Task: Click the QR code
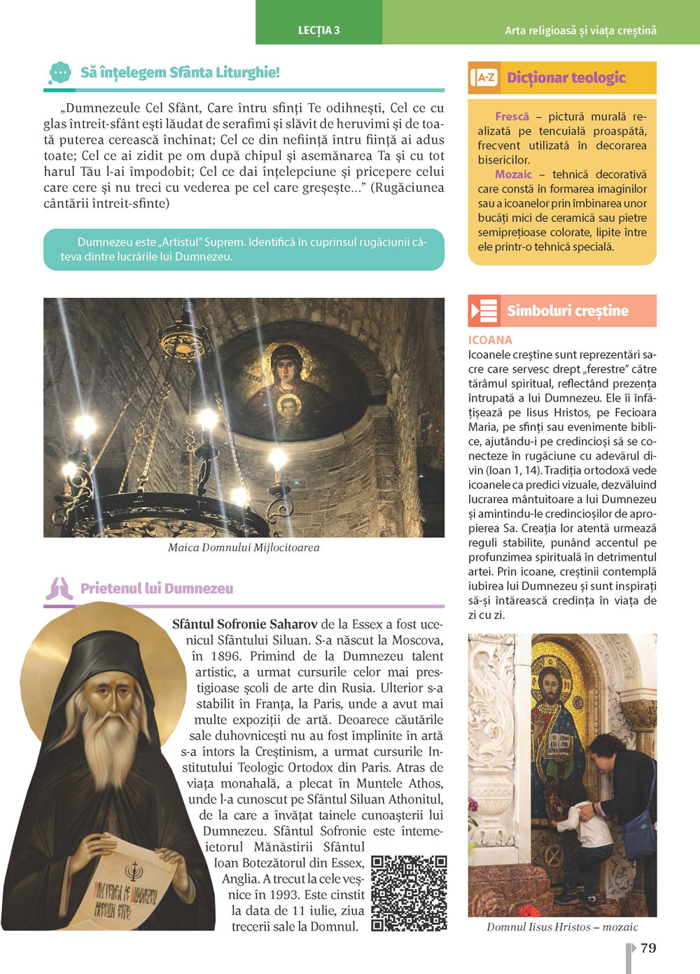click(409, 893)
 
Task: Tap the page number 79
click(648, 948)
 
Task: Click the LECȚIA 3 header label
click(318, 30)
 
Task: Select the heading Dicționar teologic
click(566, 78)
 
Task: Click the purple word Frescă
click(512, 117)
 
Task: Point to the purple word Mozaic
click(513, 174)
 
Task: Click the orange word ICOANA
click(490, 340)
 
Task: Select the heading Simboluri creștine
click(567, 310)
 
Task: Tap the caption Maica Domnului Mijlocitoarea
click(244, 548)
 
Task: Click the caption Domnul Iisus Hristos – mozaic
click(562, 927)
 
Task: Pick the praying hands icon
click(59, 589)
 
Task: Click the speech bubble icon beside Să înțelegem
click(60, 73)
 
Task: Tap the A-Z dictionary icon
click(484, 78)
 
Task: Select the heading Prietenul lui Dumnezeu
click(157, 589)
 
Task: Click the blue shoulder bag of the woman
click(638, 830)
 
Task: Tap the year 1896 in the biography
click(225, 656)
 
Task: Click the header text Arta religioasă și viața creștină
click(580, 31)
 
